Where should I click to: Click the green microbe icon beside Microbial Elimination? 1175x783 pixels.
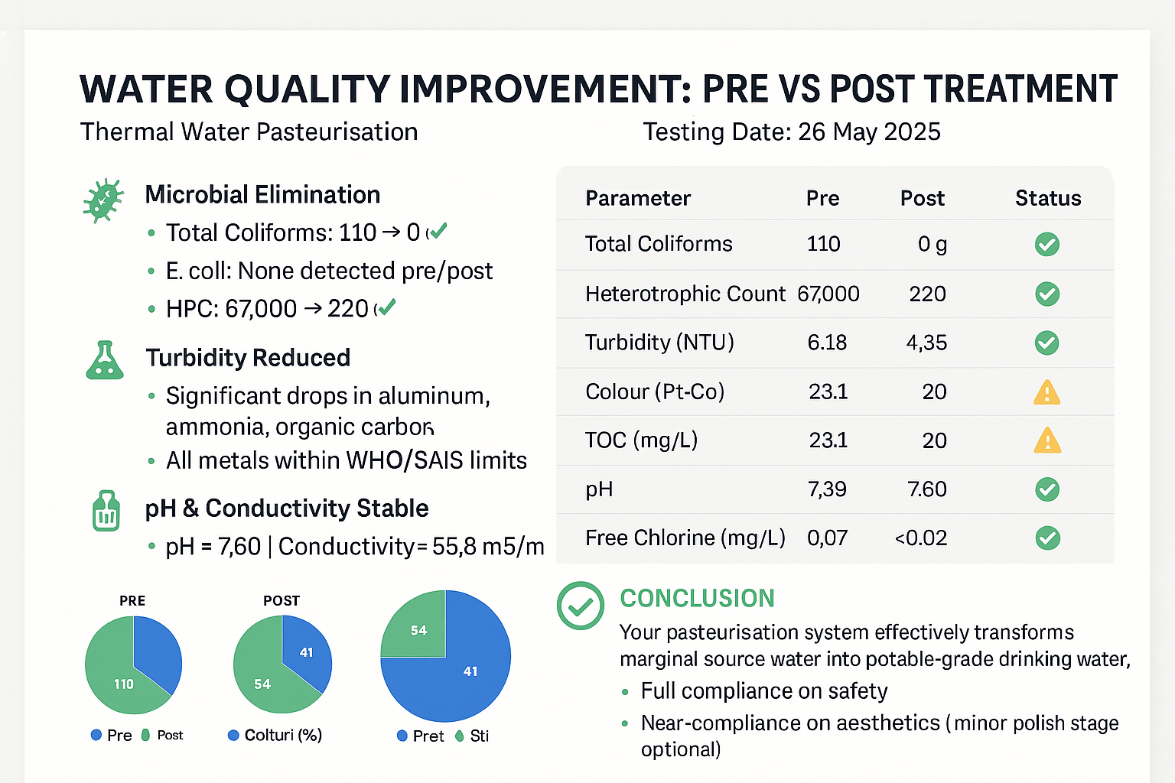[x=103, y=200]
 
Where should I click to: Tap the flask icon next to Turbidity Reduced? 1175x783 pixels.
[x=105, y=360]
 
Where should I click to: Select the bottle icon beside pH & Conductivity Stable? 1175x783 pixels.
[x=106, y=511]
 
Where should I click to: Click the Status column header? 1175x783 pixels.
[x=1047, y=199]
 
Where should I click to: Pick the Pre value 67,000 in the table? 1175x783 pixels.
[x=828, y=294]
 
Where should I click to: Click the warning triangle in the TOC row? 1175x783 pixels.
[x=1046, y=441]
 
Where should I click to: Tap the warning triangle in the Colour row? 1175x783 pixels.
[x=1046, y=393]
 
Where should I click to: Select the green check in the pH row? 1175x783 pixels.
[x=1046, y=489]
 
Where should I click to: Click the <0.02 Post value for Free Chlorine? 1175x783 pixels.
[x=921, y=538]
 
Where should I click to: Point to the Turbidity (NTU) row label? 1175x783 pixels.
[x=659, y=343]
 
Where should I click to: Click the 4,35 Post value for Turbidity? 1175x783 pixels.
[x=926, y=343]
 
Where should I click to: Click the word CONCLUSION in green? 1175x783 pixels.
[x=697, y=599]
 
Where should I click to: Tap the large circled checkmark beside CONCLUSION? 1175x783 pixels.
[x=581, y=606]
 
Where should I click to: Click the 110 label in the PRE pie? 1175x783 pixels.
[x=124, y=684]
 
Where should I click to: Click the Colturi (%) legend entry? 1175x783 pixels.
[x=275, y=736]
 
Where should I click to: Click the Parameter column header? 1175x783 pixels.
[x=637, y=199]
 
